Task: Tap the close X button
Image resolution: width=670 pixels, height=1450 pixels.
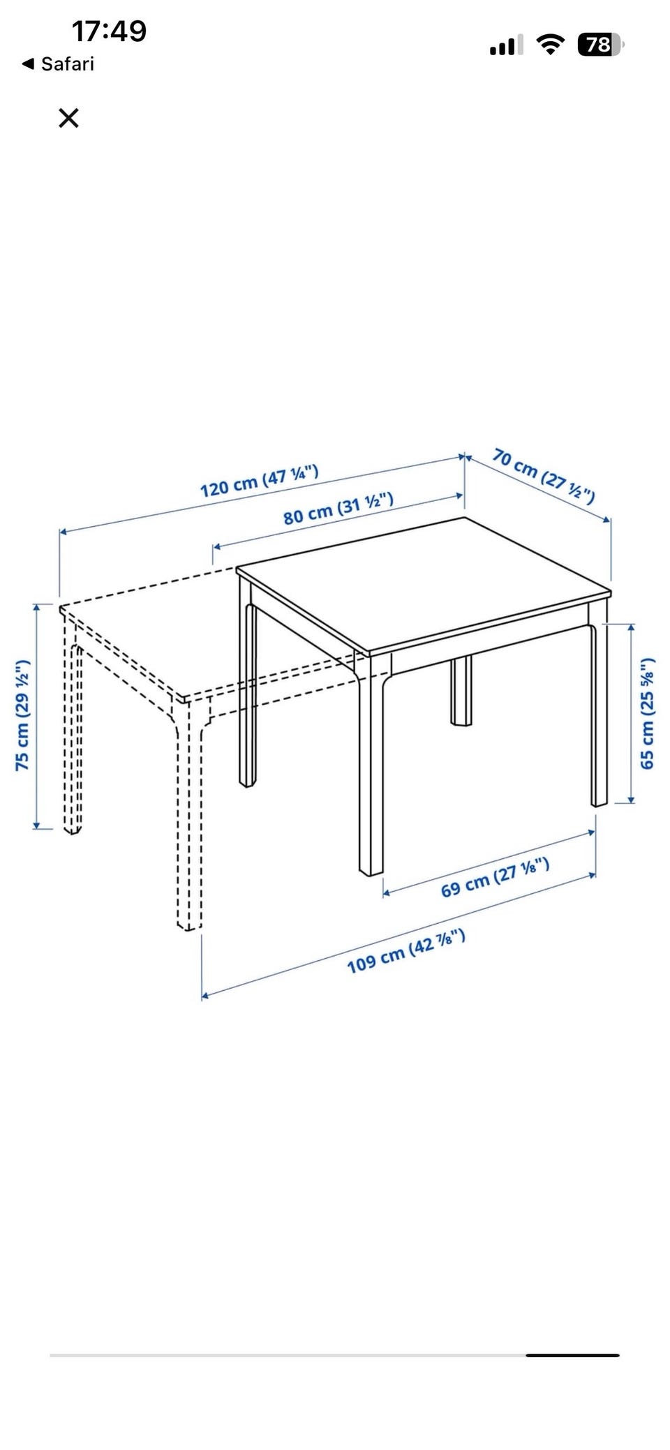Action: (x=68, y=118)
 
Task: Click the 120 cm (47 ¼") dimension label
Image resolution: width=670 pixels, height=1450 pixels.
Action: (x=259, y=481)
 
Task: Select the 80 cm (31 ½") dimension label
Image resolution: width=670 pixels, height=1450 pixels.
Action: (x=338, y=508)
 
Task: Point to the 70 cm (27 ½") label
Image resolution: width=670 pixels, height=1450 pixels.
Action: (x=544, y=476)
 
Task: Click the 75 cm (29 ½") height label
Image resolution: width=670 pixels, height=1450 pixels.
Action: (x=22, y=715)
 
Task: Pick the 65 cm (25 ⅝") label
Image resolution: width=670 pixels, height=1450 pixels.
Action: (x=648, y=713)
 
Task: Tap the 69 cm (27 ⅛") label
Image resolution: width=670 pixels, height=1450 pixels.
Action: (x=495, y=878)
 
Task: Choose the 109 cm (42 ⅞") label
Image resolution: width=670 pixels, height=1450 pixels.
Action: (x=406, y=951)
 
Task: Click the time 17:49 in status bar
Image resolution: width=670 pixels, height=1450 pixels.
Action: (x=109, y=31)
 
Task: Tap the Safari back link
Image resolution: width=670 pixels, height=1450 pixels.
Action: (x=59, y=64)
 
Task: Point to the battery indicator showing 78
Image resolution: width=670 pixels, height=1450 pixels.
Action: (x=600, y=45)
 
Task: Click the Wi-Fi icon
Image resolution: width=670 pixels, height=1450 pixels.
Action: (x=550, y=45)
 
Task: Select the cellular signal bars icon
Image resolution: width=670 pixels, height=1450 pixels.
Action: (x=506, y=45)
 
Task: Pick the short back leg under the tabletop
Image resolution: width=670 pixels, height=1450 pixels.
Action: (x=461, y=690)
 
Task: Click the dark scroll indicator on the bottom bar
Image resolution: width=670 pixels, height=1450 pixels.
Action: (x=572, y=1355)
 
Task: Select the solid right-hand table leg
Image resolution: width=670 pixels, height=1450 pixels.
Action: (x=599, y=705)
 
